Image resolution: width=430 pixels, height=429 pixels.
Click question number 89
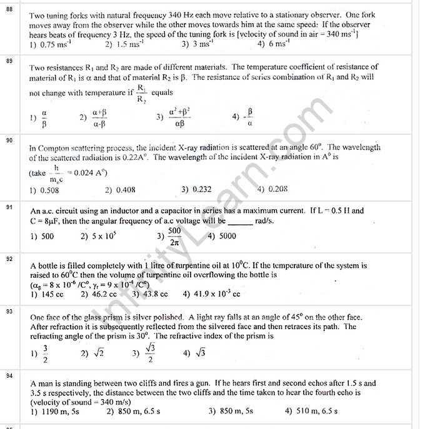(x=9, y=61)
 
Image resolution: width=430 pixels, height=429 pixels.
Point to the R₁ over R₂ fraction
(x=141, y=94)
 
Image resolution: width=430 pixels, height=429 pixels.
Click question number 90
(x=9, y=141)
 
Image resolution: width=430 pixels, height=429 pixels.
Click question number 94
(x=9, y=375)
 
